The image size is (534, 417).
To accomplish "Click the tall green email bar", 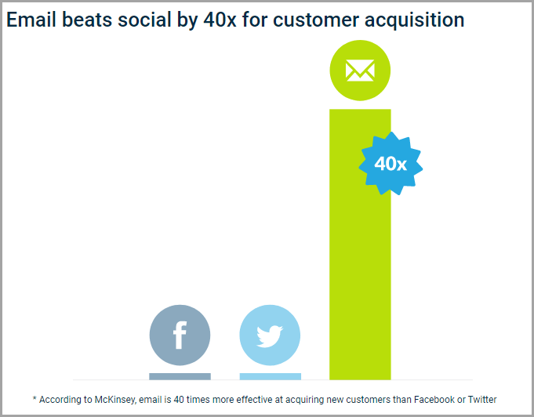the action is click(x=360, y=244).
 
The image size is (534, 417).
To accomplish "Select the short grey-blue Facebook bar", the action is click(x=180, y=376).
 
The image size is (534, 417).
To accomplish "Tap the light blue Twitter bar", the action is click(x=271, y=376).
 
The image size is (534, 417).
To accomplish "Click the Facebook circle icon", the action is click(x=180, y=335).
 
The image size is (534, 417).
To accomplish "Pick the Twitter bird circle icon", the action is click(x=270, y=335).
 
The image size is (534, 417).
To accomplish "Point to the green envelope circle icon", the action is click(x=360, y=71).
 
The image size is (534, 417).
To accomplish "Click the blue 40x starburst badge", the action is click(x=391, y=163).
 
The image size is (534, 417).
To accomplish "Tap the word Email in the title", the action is click(x=31, y=20).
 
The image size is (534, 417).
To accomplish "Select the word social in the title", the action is click(x=144, y=20).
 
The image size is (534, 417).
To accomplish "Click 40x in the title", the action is click(x=220, y=20).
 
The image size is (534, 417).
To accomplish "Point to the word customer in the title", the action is click(x=316, y=20).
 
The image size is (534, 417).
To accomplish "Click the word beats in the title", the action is click(x=87, y=20).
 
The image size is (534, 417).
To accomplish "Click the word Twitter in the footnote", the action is click(x=482, y=399).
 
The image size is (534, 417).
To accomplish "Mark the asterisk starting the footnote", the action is click(x=35, y=397).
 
